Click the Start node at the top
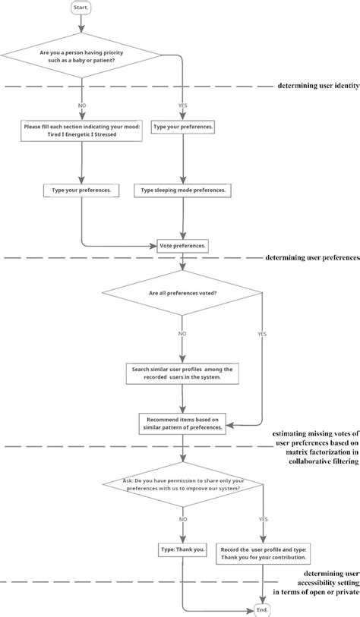[81, 8]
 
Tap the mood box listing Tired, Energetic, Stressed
[81, 131]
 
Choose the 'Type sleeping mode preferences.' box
[182, 190]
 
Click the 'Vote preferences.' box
[182, 246]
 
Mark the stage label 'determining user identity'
[318, 86]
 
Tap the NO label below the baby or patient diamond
[81, 104]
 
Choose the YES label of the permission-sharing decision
[263, 520]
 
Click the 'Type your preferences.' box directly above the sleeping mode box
[182, 127]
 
